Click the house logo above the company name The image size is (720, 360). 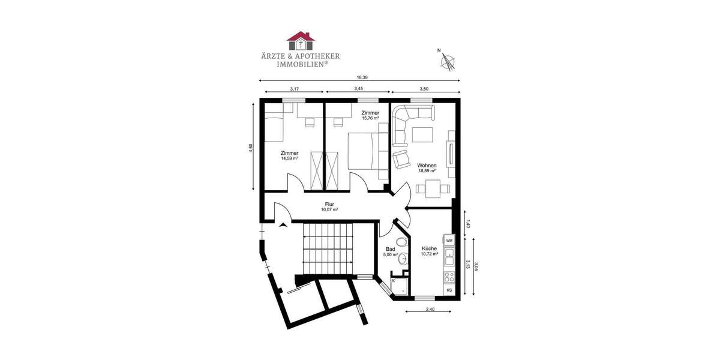point(301,40)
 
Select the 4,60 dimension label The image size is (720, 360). point(251,148)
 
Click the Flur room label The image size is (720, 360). point(329,204)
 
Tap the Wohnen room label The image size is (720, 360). point(427,166)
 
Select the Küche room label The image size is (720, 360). point(429,248)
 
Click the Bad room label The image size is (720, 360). point(391,249)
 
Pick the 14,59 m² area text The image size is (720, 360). point(289,158)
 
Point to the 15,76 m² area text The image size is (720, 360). point(370,118)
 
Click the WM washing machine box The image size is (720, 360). point(449,240)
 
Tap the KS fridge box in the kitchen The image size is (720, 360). point(449,290)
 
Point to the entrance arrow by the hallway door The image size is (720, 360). point(283,225)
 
